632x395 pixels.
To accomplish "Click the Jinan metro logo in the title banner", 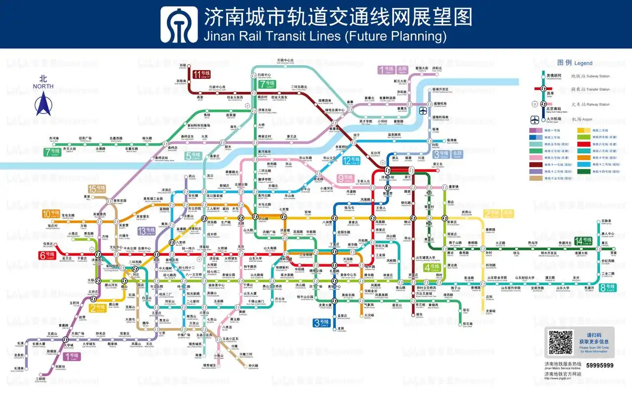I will [x=181, y=24].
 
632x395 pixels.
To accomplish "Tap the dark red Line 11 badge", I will [x=201, y=75].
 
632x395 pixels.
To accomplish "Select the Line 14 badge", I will [x=583, y=241].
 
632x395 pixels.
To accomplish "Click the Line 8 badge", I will [x=607, y=287].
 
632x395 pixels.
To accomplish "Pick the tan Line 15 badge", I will [x=96, y=189].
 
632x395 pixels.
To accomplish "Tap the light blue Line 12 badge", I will [x=354, y=160].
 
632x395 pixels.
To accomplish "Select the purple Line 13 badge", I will [x=146, y=231].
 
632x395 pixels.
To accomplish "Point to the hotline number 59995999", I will [x=599, y=365].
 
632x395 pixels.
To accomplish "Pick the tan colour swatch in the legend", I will [x=536, y=178].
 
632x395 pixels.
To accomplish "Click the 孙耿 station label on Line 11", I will [x=183, y=66].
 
